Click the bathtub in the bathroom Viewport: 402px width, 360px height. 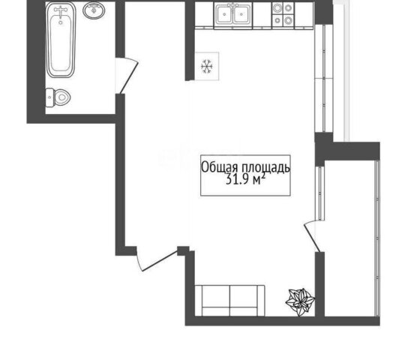(61, 40)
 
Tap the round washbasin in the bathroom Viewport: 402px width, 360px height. (94, 10)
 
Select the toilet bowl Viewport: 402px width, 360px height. (58, 97)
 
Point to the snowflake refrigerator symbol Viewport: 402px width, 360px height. (207, 66)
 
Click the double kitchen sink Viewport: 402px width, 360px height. (233, 15)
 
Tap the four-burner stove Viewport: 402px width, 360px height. (283, 14)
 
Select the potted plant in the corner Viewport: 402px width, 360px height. (301, 301)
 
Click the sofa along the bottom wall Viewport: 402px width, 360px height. (230, 301)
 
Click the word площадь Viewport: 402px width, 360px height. (265, 168)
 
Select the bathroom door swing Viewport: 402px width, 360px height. (127, 76)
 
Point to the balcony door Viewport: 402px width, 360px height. (312, 237)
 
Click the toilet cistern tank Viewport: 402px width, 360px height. (49, 97)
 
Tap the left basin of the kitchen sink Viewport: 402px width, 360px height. (224, 15)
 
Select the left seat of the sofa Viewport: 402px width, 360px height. (215, 301)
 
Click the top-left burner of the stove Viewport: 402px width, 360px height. (277, 8)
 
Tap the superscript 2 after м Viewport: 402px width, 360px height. (262, 176)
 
